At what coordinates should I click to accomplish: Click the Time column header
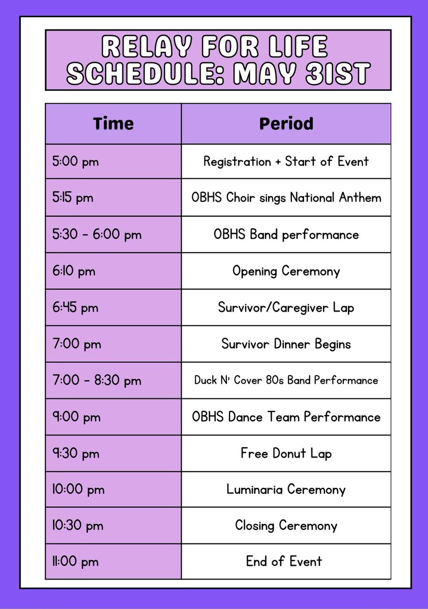coord(113,124)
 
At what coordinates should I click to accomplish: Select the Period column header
coord(286,124)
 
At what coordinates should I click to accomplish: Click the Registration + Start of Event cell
coord(286,162)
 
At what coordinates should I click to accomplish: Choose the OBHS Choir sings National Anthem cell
coord(286,198)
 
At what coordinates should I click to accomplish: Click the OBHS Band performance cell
coord(286,234)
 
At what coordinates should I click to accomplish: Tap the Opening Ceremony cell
coord(286,271)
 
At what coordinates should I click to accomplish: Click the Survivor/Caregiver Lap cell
coord(286,308)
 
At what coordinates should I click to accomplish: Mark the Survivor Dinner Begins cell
coord(286,344)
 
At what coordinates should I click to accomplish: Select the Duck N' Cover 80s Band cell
coord(286,380)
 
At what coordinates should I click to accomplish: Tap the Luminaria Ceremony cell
coord(286,490)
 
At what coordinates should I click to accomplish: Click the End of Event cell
coord(286,561)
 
